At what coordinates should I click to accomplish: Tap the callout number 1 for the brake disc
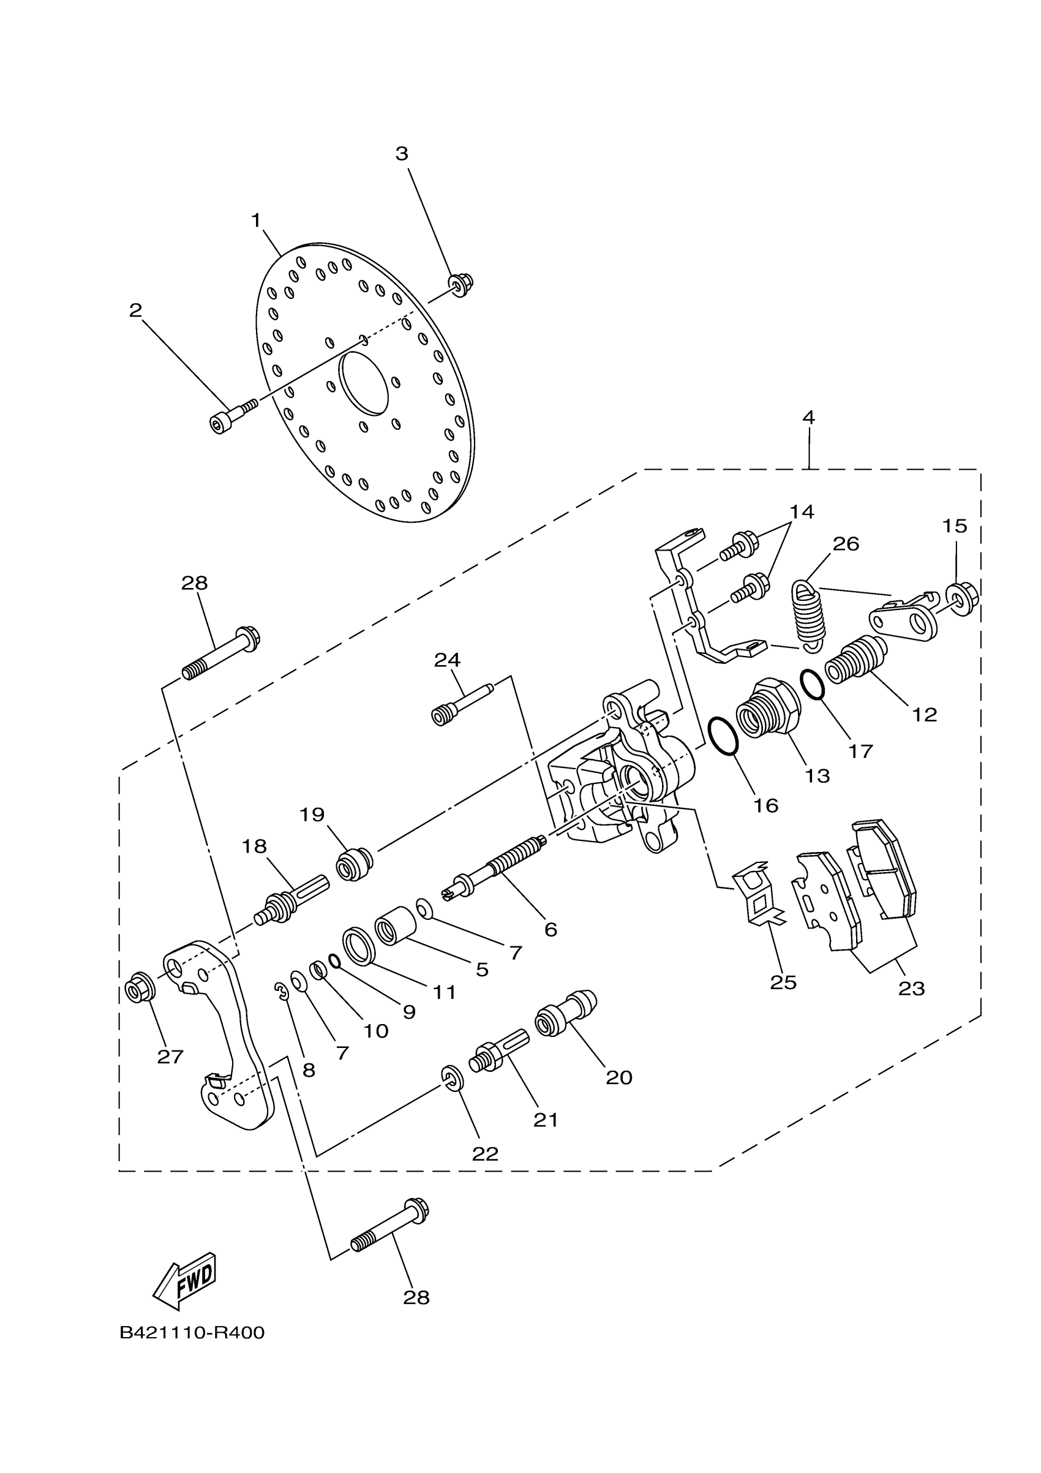point(257,220)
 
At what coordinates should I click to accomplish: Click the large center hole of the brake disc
point(364,382)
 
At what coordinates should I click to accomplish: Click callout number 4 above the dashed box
point(808,418)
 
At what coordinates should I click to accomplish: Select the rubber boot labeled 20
point(565,1014)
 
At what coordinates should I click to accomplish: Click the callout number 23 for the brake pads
point(911,989)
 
